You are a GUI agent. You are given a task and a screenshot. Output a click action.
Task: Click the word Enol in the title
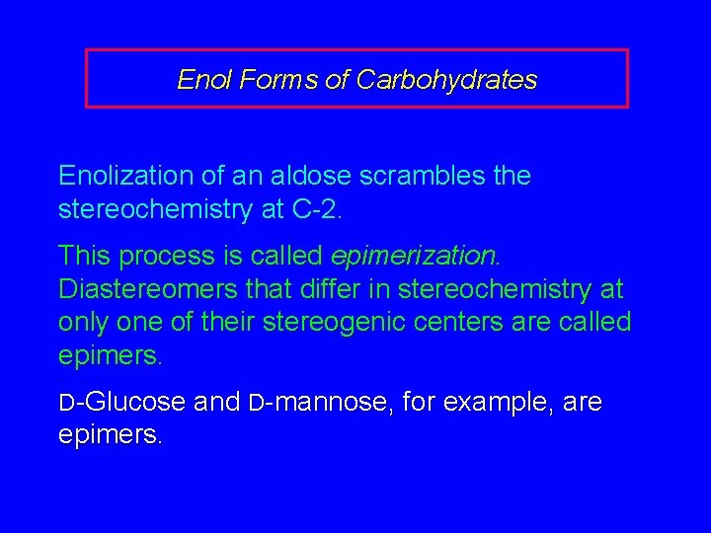200,80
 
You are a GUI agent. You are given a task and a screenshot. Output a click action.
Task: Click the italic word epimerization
416,257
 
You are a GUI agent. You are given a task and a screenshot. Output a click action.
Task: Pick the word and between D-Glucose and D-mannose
216,403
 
